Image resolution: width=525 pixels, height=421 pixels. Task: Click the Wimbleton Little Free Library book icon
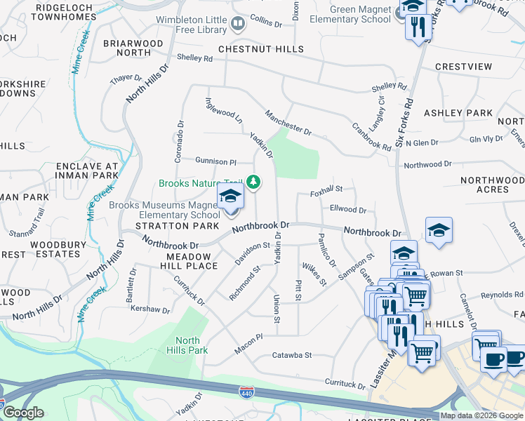click(x=238, y=25)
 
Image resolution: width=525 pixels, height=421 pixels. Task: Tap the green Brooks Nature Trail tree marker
click(x=253, y=183)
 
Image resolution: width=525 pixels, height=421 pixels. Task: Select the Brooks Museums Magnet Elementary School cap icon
click(x=230, y=196)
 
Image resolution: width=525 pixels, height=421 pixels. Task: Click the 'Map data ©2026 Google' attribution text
click(x=481, y=415)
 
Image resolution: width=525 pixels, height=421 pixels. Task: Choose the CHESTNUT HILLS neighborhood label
click(x=261, y=49)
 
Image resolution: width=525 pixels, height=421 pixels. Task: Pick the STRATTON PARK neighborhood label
click(x=172, y=226)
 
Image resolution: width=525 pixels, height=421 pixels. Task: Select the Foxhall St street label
click(x=326, y=189)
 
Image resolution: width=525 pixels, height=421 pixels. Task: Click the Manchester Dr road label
click(x=288, y=121)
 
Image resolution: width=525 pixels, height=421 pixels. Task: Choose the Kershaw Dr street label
click(x=151, y=309)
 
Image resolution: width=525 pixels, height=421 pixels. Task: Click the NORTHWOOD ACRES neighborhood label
click(x=493, y=185)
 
